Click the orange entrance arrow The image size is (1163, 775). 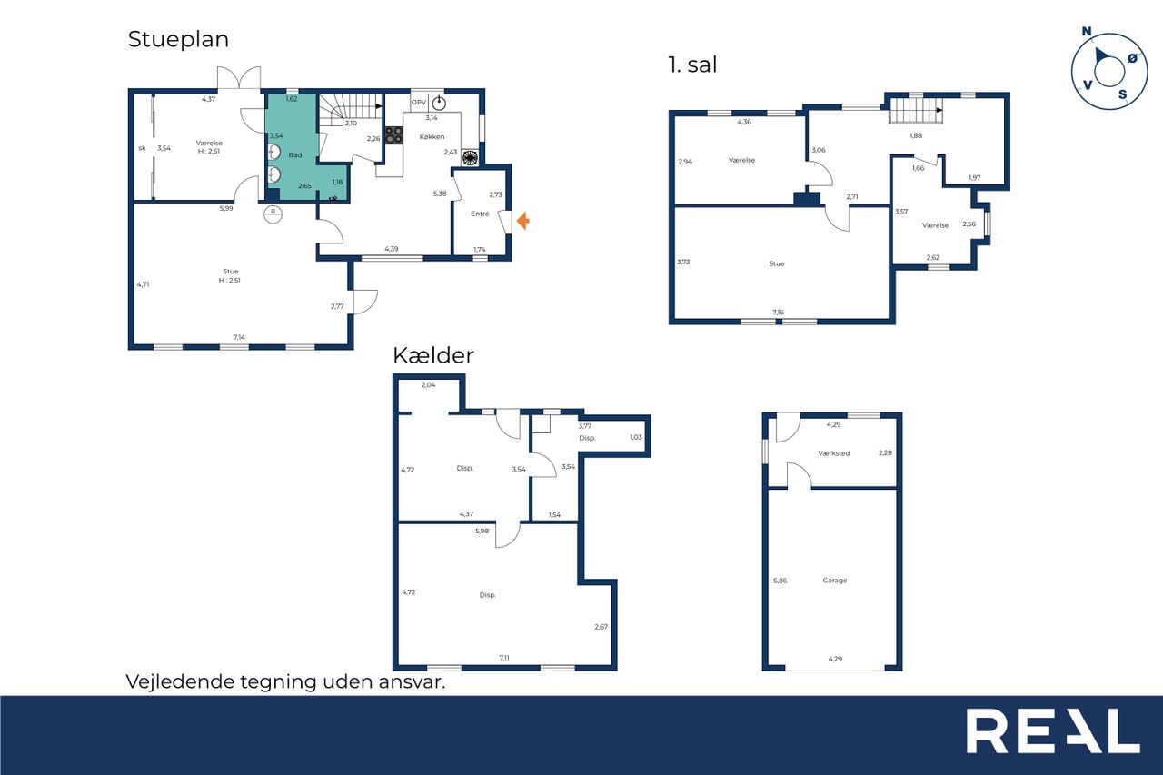point(522,221)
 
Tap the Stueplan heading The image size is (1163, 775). point(178,39)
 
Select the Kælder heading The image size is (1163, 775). point(433,355)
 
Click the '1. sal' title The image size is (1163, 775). point(692,65)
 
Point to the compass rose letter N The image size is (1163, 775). point(1086,32)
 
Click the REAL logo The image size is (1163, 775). point(1053,731)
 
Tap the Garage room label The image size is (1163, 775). point(835,581)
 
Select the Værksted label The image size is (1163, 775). point(834,453)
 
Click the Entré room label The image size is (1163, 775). point(480,214)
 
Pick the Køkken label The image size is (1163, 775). point(432,136)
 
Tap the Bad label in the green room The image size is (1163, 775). point(295,154)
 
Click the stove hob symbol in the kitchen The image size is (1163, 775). point(394,135)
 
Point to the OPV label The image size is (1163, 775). point(419,103)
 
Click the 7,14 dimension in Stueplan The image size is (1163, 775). point(239,337)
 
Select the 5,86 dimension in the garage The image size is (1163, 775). point(780,581)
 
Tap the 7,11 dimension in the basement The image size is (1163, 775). point(504,658)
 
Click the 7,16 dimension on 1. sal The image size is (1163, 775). point(778,312)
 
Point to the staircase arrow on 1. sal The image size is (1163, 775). point(939,110)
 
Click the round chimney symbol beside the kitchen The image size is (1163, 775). point(470,158)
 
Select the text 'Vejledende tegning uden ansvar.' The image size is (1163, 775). point(285,681)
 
